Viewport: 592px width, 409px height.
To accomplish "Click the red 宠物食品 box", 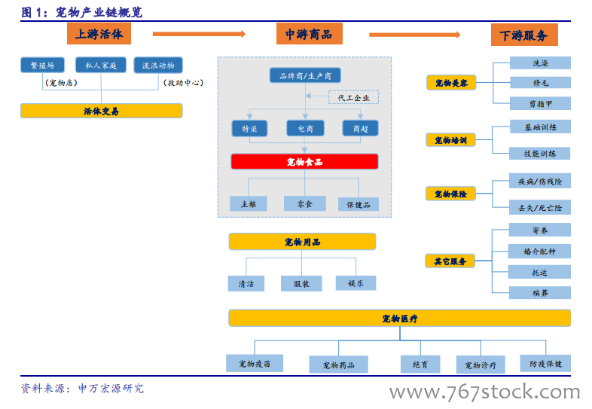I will (304, 162).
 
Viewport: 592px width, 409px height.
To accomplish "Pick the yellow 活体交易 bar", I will (101, 111).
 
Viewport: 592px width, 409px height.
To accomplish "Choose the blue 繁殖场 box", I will (42, 66).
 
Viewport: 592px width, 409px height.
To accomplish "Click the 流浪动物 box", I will (158, 66).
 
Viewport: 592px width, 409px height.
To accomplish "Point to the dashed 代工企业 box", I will (353, 97).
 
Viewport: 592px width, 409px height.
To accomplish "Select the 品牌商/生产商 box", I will (304, 75).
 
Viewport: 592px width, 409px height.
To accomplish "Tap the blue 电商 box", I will (305, 129).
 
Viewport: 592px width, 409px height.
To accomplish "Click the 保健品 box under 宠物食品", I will (358, 203).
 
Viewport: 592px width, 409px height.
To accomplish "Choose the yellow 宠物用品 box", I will (302, 242).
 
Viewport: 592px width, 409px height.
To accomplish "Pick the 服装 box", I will (301, 283).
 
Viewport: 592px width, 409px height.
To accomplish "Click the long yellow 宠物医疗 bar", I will (399, 319).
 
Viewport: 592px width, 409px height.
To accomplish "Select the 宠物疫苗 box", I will (255, 364).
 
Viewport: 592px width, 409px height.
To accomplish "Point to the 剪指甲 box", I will (540, 103).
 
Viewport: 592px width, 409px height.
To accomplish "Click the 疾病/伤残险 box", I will (540, 182).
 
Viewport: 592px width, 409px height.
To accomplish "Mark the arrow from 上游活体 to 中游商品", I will (199, 34).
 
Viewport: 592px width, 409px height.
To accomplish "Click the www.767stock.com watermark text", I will (484, 392).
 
